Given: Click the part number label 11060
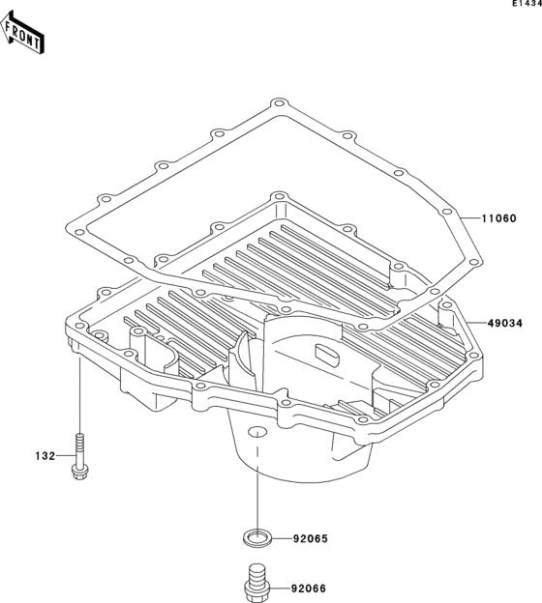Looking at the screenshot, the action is pos(498,218).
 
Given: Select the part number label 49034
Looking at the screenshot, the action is pos(505,324).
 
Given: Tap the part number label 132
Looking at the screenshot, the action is pos(45,456).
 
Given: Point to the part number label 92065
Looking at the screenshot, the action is pos(310,539).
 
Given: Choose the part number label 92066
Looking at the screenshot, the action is pos(308,589).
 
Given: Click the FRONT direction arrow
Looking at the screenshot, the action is pos(21,32).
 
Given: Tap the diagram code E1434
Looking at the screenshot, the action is pos(527,4).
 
